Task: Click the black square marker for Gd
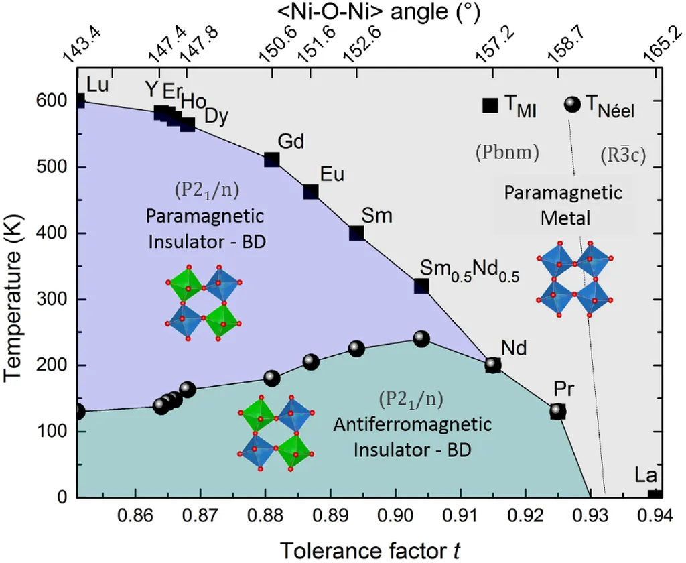[x=271, y=160]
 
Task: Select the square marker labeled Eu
[x=311, y=192]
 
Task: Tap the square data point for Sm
[x=356, y=233]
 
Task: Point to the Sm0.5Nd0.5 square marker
[x=421, y=286]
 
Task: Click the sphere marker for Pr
[x=558, y=411]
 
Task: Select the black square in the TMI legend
[x=490, y=105]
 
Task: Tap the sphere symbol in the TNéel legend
[x=571, y=105]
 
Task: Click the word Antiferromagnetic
[x=412, y=425]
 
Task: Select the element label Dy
[x=216, y=116]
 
